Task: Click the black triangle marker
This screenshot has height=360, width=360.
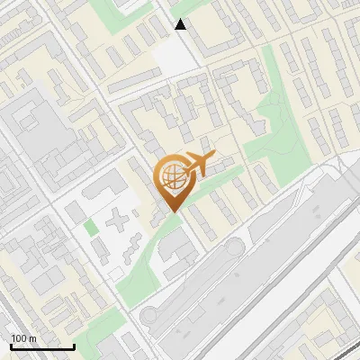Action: click(x=181, y=24)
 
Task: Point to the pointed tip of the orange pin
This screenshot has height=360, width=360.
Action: click(x=172, y=211)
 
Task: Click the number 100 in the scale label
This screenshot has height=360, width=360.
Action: click(x=19, y=339)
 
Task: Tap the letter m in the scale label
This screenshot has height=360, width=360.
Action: click(x=32, y=339)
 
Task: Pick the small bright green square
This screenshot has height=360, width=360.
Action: click(x=92, y=228)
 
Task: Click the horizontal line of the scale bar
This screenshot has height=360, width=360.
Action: click(x=42, y=346)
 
